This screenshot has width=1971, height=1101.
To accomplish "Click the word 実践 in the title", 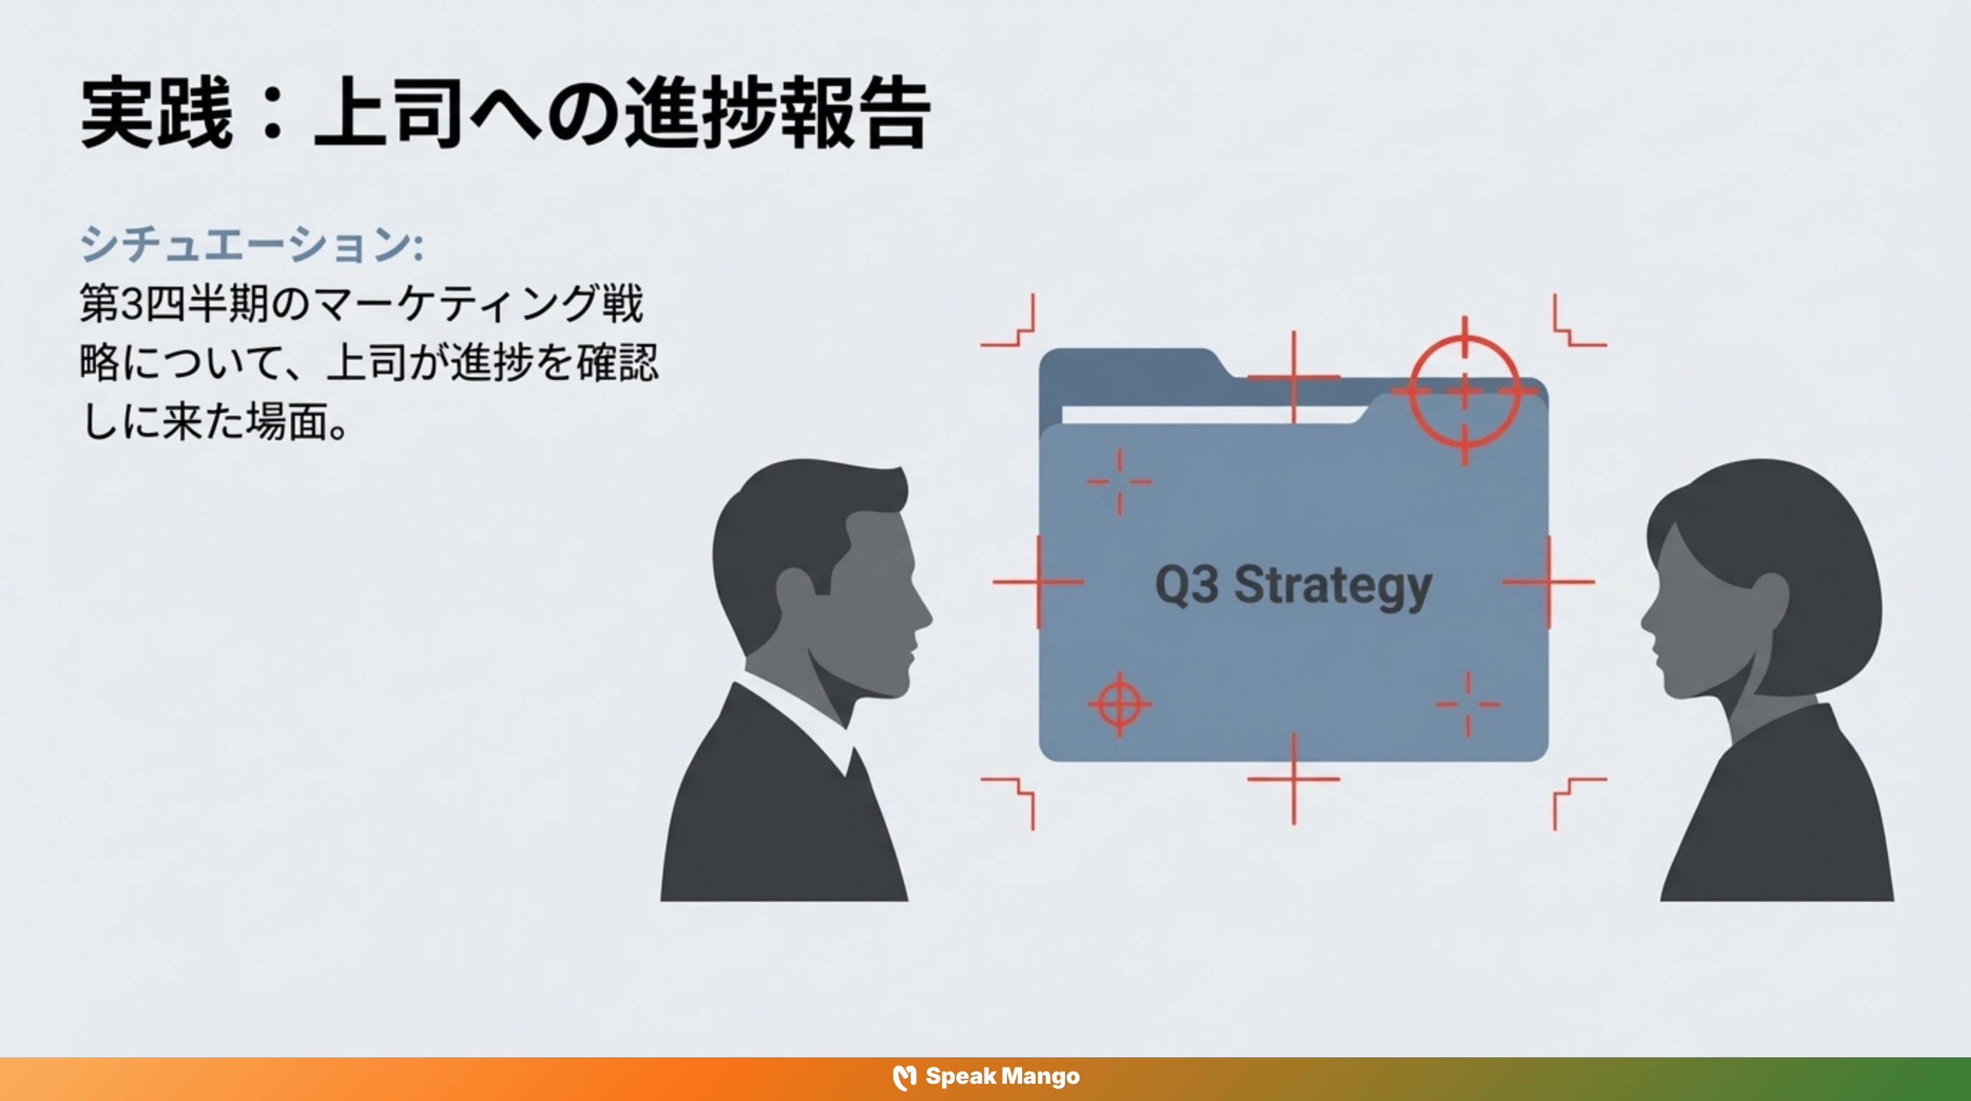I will click(157, 113).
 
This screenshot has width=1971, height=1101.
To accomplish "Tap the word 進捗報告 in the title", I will click(777, 113).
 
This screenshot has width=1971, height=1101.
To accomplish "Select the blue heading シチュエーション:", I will click(251, 245).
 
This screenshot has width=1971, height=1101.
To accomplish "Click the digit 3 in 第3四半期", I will click(132, 304).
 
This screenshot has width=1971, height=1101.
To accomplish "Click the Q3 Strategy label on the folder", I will click(1293, 586).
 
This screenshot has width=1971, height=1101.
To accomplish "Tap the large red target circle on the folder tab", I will click(1465, 391).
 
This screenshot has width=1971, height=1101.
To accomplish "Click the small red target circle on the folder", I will click(1119, 704).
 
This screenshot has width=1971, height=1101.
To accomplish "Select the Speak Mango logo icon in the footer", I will click(905, 1077).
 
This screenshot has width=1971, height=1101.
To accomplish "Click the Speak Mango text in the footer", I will click(1003, 1077).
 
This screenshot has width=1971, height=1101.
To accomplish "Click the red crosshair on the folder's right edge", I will click(1548, 582).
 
